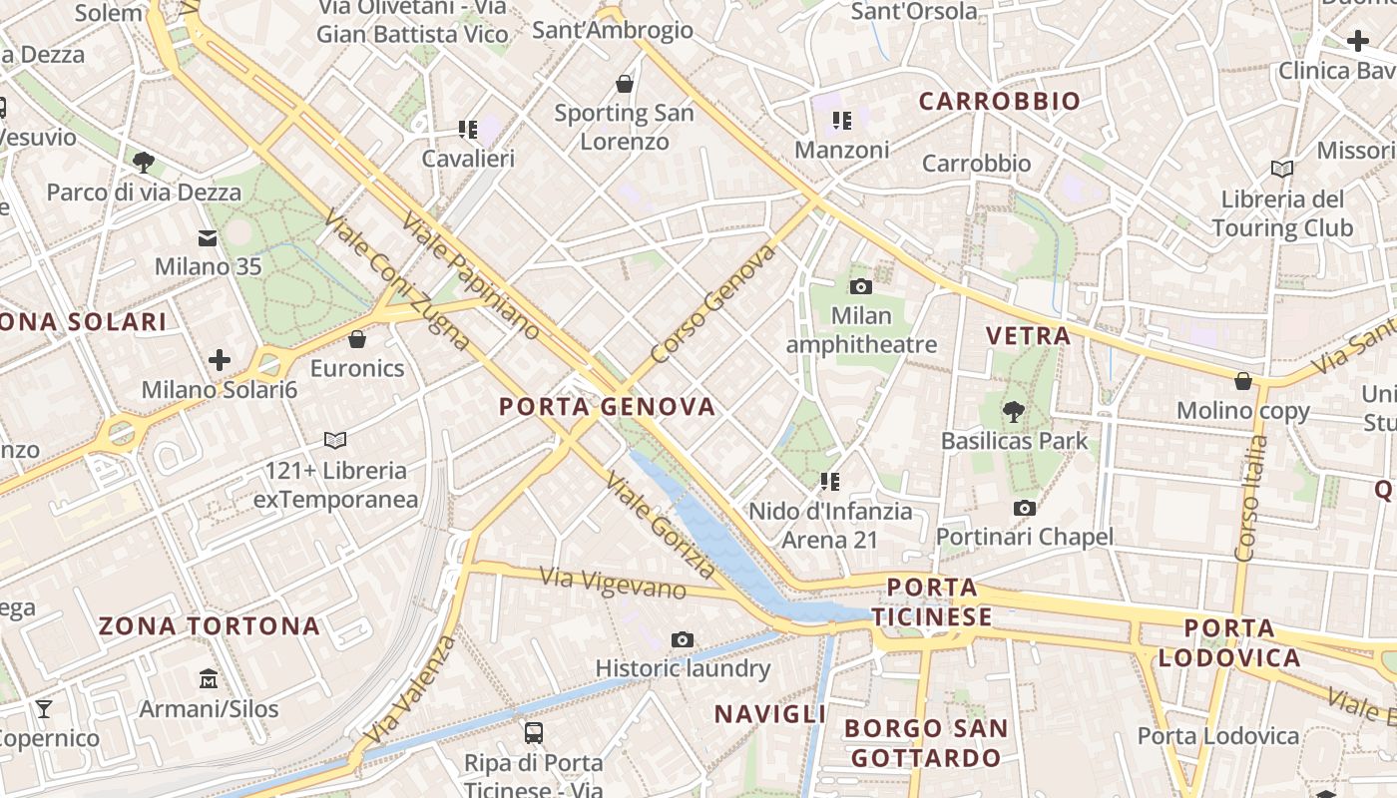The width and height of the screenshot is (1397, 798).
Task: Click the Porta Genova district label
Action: pyautogui.click(x=607, y=406)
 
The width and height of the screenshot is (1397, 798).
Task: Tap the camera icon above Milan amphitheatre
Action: pyautogui.click(x=860, y=287)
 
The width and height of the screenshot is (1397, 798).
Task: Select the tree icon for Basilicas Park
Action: pyautogui.click(x=1014, y=410)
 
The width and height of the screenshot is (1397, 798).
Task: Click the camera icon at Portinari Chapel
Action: pyautogui.click(x=1024, y=509)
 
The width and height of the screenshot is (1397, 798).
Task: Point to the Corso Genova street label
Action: pyautogui.click(x=712, y=303)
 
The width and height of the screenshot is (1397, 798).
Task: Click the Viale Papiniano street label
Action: pyautogui.click(x=471, y=274)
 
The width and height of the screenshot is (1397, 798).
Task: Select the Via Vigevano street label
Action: pyautogui.click(x=613, y=584)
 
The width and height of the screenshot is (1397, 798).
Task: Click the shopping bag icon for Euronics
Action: pyautogui.click(x=357, y=339)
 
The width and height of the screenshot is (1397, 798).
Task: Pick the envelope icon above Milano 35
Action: pyautogui.click(x=208, y=238)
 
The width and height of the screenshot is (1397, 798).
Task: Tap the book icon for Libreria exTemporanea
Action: pyautogui.click(x=335, y=440)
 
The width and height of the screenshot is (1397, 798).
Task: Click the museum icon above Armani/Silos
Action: pyautogui.click(x=208, y=679)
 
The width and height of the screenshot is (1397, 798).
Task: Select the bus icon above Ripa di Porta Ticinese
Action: pyautogui.click(x=534, y=733)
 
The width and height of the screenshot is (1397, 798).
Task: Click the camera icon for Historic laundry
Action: pyautogui.click(x=683, y=639)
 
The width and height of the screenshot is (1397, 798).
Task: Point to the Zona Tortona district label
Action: pyautogui.click(x=210, y=626)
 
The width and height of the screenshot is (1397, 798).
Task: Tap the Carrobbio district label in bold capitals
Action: pyautogui.click(x=999, y=101)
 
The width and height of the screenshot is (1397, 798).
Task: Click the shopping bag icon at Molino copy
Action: pyautogui.click(x=1243, y=381)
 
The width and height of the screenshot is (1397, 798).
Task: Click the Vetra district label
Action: pyautogui.click(x=1028, y=335)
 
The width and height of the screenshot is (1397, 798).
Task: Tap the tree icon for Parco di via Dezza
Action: pyautogui.click(x=143, y=162)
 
